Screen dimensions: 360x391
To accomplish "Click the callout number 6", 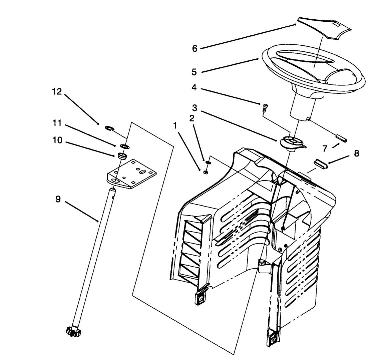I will [195, 49].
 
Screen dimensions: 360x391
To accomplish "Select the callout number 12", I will [57, 92].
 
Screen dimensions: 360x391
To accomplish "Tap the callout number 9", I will [58, 200].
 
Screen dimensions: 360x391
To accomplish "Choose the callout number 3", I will [194, 108].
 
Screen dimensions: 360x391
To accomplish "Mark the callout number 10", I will [57, 140].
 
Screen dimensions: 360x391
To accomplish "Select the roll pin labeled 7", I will [342, 138].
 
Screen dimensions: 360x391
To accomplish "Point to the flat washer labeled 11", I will [123, 146].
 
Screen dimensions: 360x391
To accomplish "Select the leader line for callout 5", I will [230, 65].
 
